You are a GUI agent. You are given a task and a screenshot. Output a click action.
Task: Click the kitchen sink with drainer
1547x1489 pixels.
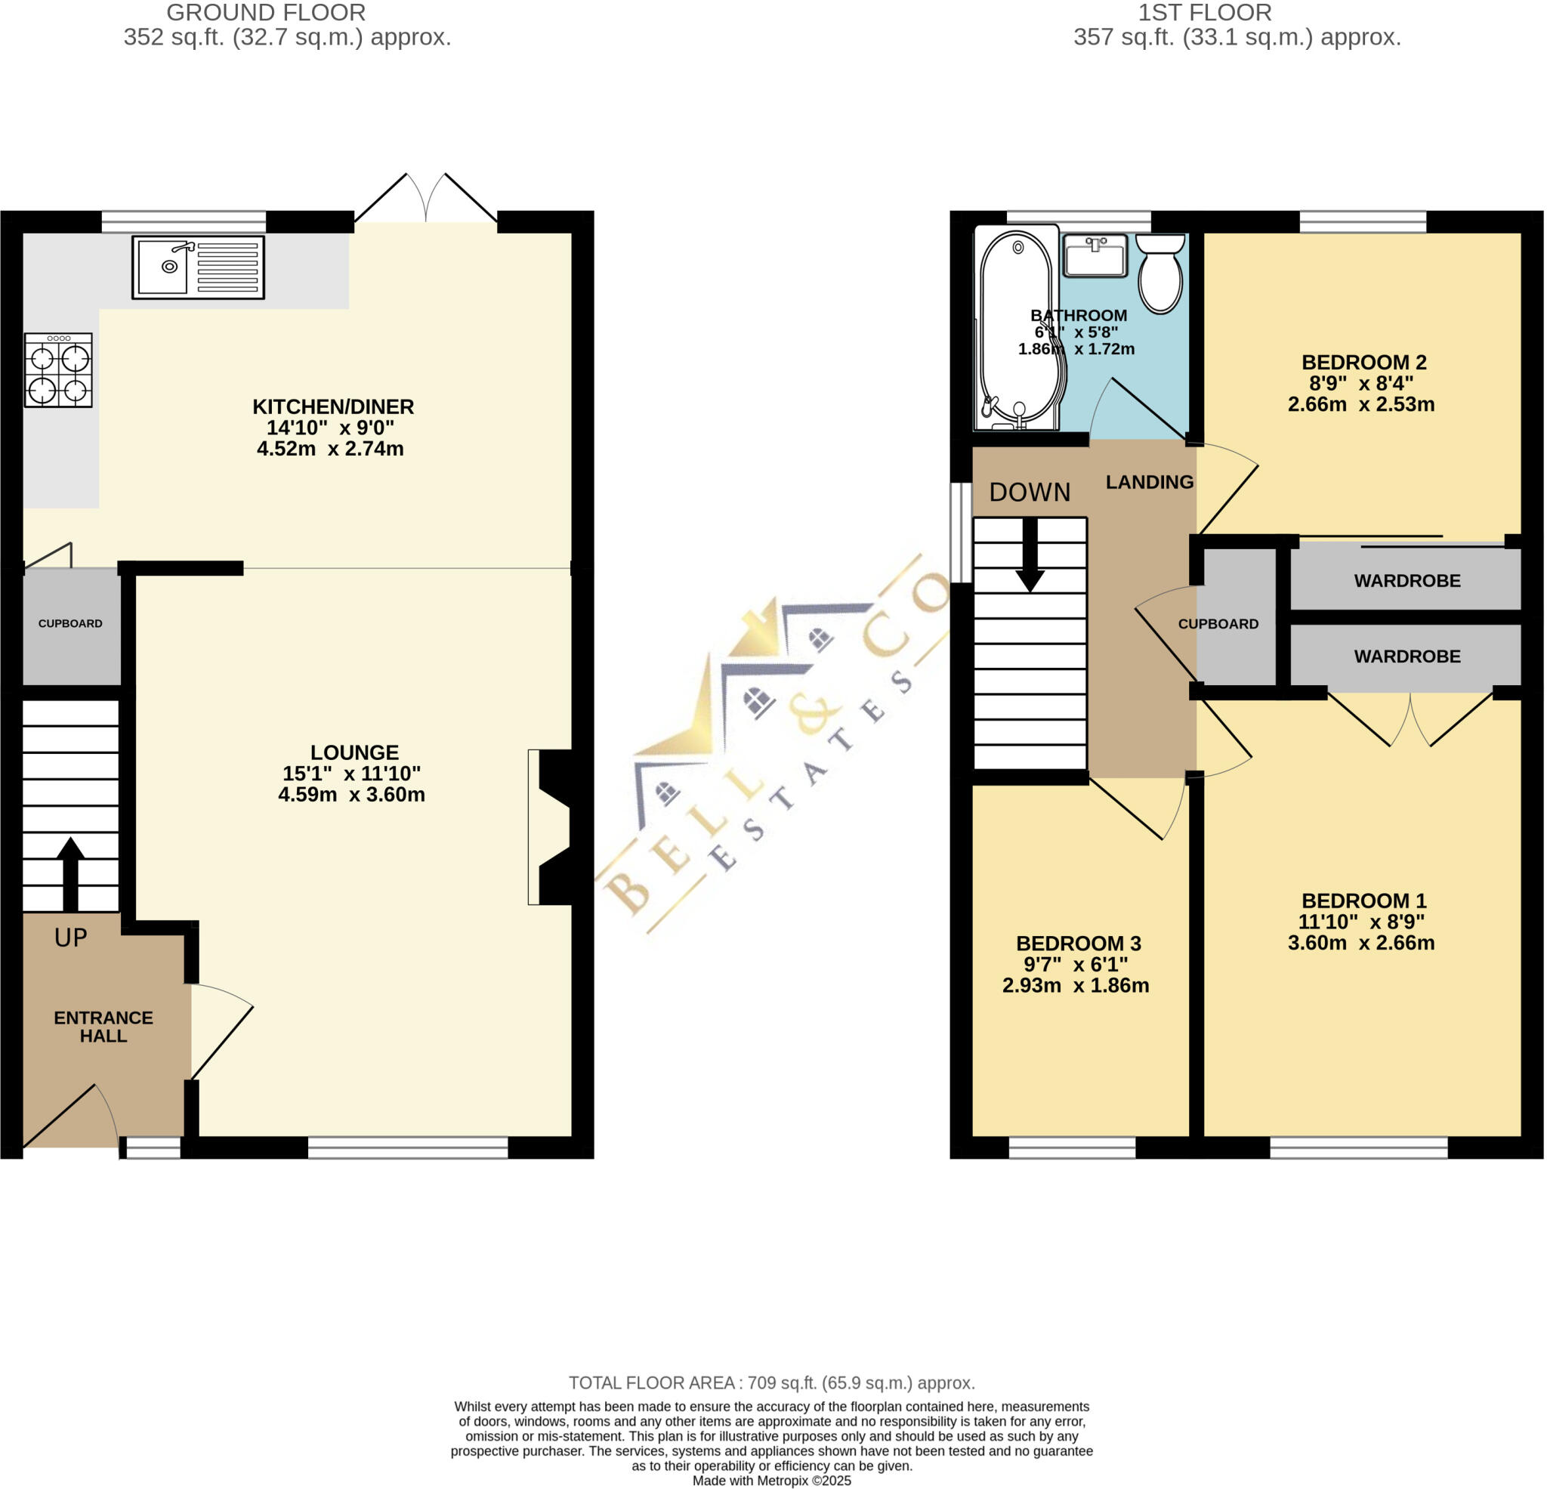[198, 267]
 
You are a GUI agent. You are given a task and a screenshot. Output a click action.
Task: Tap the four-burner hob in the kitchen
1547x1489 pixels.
[58, 369]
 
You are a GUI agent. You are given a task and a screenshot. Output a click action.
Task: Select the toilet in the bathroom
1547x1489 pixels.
[1160, 273]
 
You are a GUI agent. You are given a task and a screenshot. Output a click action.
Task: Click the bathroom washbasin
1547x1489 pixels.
[1095, 255]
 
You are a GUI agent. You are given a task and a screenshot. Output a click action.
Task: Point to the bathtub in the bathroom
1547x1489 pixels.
[1016, 328]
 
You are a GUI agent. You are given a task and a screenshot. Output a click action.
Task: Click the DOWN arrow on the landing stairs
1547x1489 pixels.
[1030, 555]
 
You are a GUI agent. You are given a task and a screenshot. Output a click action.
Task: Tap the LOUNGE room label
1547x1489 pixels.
[354, 752]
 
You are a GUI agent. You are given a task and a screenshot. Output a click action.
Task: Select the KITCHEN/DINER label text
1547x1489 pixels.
[333, 406]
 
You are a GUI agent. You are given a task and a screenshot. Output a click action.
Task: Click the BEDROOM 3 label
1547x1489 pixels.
[1078, 944]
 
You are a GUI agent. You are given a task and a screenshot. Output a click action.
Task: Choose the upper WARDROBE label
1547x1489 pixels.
[1407, 581]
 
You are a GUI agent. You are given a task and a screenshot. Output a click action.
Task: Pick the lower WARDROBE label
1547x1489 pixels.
[1407, 656]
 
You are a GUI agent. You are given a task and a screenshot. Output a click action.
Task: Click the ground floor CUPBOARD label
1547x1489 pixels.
[70, 623]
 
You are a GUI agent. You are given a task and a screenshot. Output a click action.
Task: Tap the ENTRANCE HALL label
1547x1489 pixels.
[103, 1027]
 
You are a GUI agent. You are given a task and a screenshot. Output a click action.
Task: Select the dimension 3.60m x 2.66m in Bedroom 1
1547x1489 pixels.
[1360, 943]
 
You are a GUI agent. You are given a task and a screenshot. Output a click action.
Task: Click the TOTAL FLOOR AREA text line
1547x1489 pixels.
[772, 1382]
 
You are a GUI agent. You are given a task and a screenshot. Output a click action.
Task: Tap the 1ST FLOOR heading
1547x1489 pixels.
[1205, 13]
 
